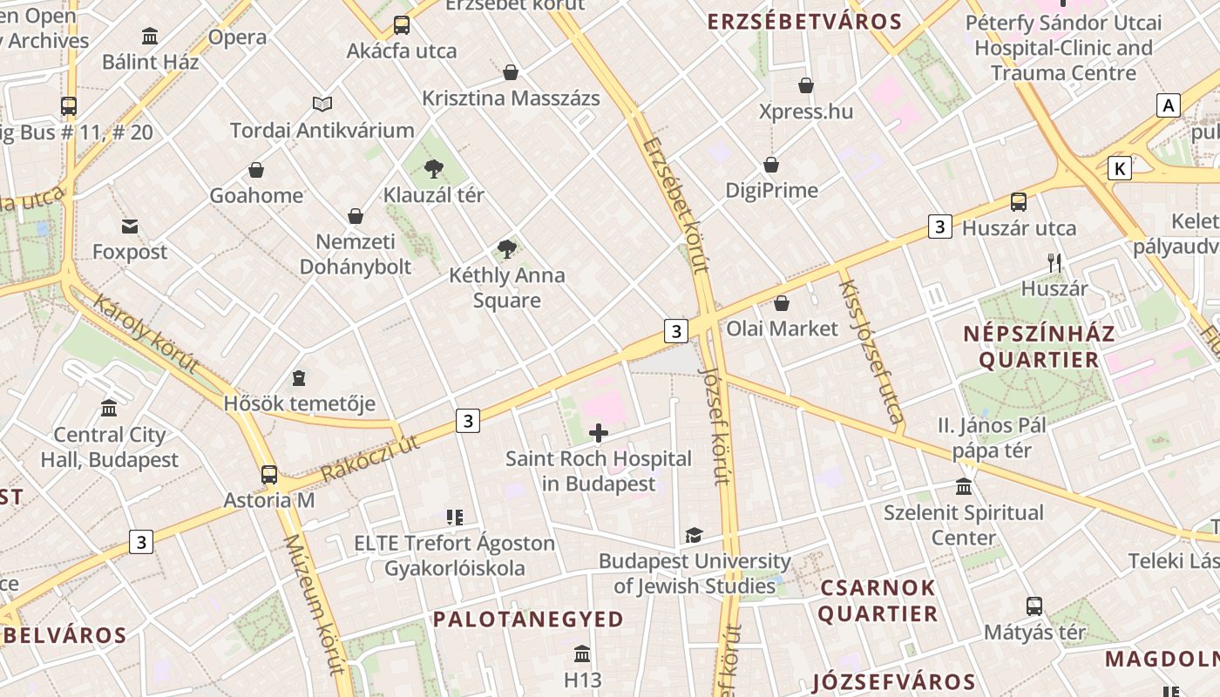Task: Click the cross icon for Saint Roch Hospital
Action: coord(599,433)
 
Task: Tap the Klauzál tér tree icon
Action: coord(434,169)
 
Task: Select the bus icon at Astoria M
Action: coord(269,475)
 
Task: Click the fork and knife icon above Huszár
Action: coord(1054,262)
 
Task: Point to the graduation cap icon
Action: coord(694,535)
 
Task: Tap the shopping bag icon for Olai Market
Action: coord(782,303)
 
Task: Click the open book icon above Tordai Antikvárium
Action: coord(322,105)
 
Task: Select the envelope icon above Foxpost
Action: coord(130,227)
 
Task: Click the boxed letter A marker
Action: coord(1168,106)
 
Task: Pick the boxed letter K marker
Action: coord(1120,168)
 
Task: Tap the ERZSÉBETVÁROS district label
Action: coord(804,23)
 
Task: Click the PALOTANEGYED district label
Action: coord(529,619)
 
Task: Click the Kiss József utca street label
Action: coord(871,351)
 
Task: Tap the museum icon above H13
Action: coord(582,653)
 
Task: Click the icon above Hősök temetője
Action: coord(300,378)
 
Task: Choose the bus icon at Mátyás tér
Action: coord(1034,606)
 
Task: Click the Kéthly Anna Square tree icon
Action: coord(507,250)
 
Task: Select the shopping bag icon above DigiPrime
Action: coord(771,165)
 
